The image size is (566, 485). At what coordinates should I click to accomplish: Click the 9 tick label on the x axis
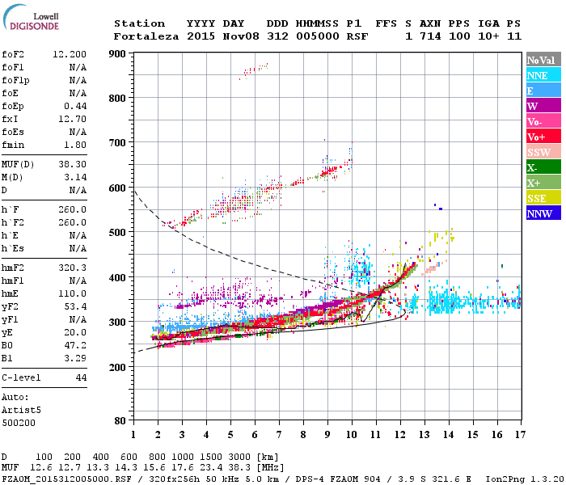[x=327, y=435]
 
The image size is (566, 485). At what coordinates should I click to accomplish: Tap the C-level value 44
[x=80, y=377]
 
